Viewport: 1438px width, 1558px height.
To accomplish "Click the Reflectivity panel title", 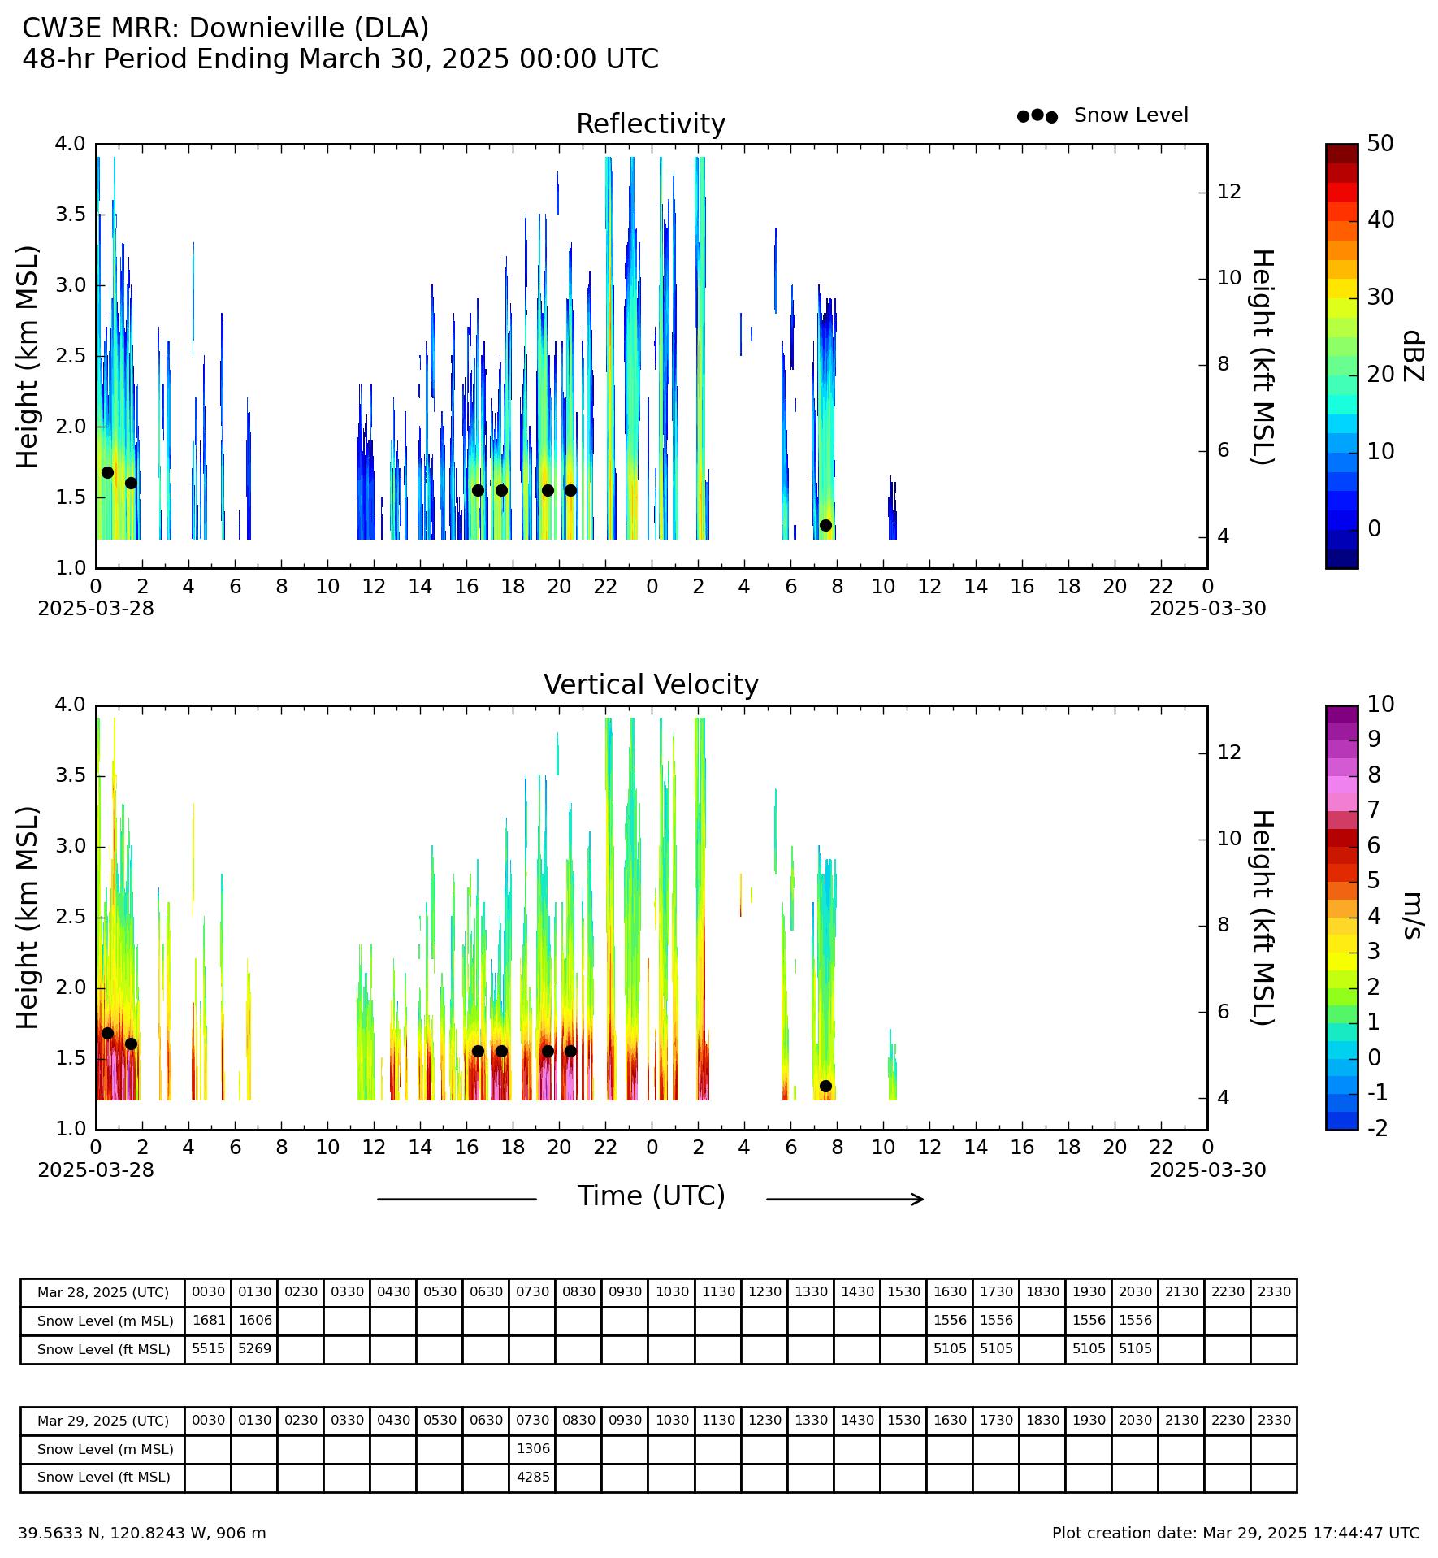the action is (651, 124).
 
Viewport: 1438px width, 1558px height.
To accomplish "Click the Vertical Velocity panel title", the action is (651, 685).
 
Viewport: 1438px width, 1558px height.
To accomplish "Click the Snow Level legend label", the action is (1131, 115).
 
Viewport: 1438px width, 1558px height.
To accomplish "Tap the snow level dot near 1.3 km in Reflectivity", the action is (825, 525).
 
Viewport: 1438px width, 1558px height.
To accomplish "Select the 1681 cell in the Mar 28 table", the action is (208, 1321).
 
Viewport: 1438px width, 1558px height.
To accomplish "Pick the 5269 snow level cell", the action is (254, 1348).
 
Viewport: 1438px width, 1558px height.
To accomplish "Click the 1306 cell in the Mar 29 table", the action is (533, 1448).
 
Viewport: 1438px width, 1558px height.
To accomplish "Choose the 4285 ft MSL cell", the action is (533, 1477).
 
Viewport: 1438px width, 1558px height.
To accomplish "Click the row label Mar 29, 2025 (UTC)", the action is (103, 1421).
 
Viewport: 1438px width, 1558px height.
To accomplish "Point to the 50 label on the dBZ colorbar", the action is (1380, 144).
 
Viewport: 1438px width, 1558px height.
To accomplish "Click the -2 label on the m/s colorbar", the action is (1378, 1127).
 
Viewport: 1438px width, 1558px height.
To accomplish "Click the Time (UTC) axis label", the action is (651, 1196).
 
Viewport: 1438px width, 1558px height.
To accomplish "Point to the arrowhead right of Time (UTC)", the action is (919, 1199).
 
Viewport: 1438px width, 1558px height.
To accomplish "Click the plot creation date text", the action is (1236, 1534).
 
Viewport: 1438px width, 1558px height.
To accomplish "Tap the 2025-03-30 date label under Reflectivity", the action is (1207, 609).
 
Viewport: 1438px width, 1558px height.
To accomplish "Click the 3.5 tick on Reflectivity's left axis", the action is (71, 215).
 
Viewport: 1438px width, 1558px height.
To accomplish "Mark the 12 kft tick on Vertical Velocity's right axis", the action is (1230, 753).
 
